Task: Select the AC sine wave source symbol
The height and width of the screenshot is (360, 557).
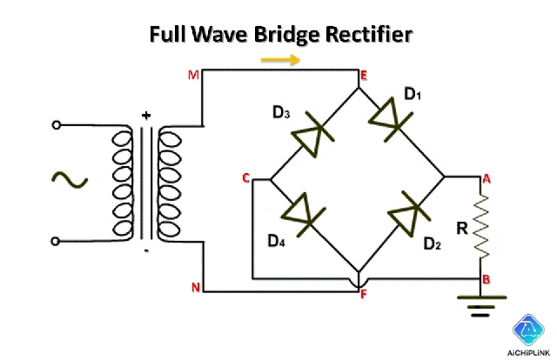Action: [x=69, y=180]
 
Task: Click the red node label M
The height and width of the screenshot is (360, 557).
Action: [x=194, y=75]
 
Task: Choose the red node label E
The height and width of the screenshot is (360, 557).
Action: [x=364, y=77]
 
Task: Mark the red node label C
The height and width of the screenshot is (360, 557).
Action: [x=246, y=178]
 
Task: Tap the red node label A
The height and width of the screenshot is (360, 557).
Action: [x=487, y=178]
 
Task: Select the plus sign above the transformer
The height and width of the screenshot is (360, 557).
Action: [x=145, y=114]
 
